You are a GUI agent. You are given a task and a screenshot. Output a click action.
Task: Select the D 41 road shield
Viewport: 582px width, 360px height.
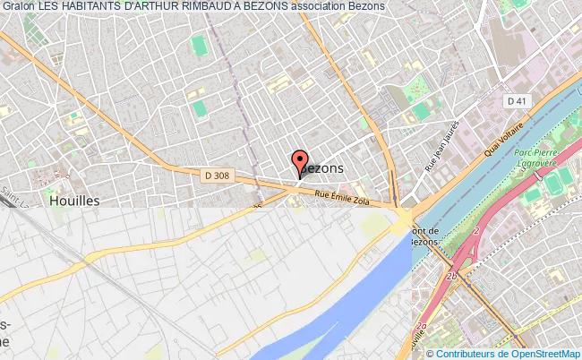click(516, 101)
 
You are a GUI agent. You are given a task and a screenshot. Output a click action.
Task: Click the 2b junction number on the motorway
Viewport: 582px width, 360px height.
click(452, 275)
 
